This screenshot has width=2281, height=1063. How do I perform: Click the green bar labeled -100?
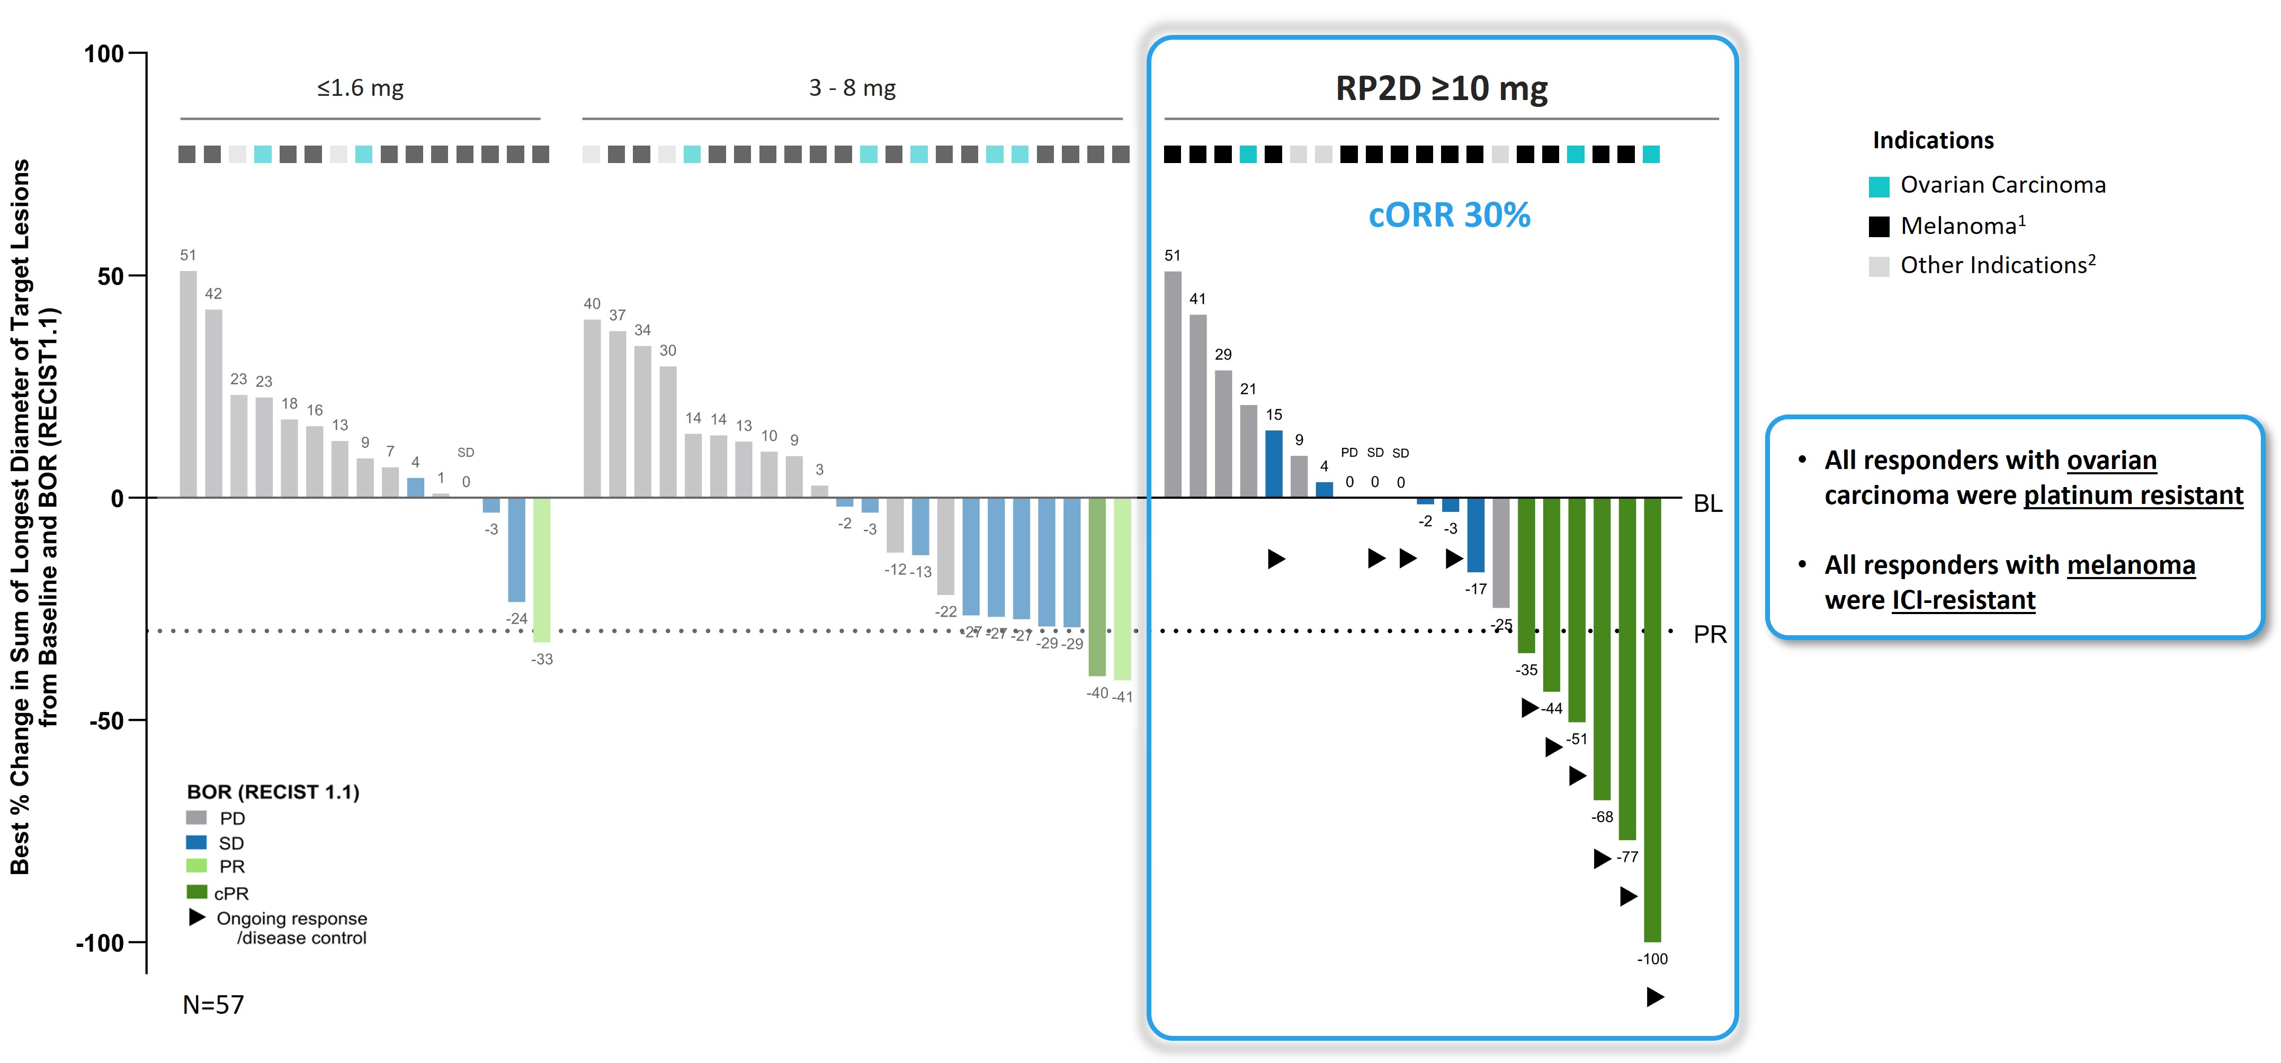tap(1652, 719)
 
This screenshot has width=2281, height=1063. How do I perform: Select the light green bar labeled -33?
tap(542, 569)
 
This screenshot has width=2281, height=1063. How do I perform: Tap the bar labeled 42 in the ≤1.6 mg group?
tap(213, 403)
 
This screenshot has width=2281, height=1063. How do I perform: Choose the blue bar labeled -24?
tap(516, 549)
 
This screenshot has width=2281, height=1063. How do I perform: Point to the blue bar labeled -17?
tap(1476, 535)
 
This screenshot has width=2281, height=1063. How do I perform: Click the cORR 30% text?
tap(1450, 215)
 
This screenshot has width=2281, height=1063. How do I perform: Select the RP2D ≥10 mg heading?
tap(1442, 88)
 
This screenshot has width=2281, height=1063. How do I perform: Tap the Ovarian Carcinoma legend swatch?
tap(1879, 186)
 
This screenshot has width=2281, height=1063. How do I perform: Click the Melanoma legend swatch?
tap(1879, 227)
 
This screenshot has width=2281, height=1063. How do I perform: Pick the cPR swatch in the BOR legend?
tap(196, 892)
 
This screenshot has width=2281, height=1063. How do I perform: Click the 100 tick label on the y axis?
tap(104, 54)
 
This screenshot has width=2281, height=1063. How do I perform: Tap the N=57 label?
tap(213, 1005)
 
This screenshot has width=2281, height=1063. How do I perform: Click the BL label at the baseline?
tap(1708, 503)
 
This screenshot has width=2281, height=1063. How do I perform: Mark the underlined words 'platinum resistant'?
tap(2133, 495)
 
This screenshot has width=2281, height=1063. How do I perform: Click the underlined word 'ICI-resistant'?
tap(1963, 600)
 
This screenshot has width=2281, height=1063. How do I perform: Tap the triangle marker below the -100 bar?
tap(1655, 997)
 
